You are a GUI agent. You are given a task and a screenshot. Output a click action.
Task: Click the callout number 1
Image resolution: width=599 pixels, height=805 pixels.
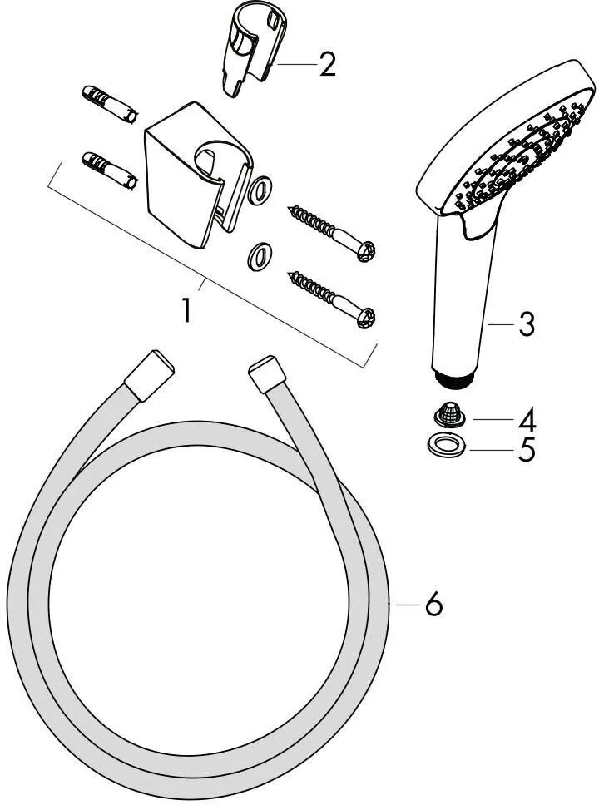pos(187,310)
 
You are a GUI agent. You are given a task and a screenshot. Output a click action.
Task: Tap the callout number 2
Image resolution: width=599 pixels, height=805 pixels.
pos(327,64)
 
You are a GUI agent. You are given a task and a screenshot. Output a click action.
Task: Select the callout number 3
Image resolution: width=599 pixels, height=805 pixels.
pos(526,324)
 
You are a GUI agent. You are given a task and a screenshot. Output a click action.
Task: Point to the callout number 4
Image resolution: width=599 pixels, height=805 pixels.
pos(527,419)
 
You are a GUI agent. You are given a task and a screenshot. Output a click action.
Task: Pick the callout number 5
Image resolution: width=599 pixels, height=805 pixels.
pos(527,449)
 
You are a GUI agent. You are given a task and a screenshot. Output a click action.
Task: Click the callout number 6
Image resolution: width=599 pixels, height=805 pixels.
pos(434,604)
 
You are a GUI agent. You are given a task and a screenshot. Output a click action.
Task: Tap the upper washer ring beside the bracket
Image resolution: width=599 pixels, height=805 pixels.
pos(260,190)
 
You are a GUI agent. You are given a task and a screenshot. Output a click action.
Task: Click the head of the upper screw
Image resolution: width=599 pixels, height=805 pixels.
pos(367,251)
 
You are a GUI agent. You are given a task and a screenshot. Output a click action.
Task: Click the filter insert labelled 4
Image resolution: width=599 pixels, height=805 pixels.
pos(449,414)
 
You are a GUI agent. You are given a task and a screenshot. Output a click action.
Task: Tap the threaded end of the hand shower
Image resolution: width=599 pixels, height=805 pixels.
pos(453,376)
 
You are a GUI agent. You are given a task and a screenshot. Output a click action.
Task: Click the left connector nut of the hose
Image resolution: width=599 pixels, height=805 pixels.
pos(150,375)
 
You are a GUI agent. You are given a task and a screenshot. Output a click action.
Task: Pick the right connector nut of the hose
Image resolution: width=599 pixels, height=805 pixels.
pos(268,373)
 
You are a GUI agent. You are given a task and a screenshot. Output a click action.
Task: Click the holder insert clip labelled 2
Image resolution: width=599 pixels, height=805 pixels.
pos(252,49)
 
